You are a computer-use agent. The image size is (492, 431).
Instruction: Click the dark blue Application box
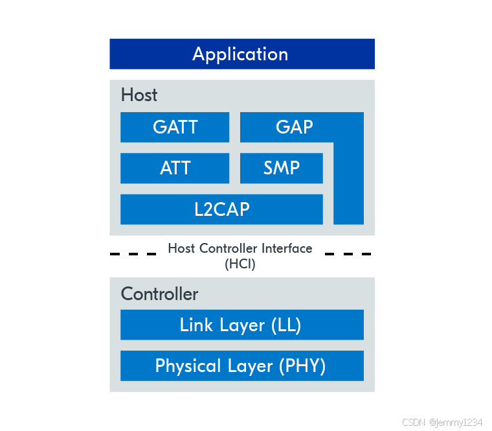242,54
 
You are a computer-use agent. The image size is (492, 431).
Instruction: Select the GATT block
175,127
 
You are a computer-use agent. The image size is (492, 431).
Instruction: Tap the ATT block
175,168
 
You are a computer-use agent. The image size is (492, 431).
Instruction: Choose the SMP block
282,168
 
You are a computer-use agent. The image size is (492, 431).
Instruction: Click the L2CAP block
221,209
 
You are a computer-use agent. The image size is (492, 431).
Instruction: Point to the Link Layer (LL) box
242,325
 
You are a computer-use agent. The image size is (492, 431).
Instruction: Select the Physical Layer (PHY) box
242,366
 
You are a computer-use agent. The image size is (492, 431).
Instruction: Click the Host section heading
139,95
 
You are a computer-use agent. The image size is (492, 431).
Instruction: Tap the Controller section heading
159,294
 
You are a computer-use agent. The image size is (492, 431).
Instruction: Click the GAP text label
295,127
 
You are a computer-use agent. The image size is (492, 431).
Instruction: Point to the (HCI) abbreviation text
240,264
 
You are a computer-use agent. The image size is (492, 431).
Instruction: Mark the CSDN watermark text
414,422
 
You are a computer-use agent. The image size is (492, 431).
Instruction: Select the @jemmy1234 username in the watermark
456,422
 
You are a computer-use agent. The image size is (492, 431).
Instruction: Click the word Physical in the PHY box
188,366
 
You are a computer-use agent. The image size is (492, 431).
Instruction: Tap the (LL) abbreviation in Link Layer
286,325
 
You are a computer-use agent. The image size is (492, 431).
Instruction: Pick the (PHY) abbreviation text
302,366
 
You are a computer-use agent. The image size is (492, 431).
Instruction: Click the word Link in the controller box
196,325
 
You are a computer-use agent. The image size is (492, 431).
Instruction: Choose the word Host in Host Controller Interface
181,248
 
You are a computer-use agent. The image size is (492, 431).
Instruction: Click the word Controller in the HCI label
228,248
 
